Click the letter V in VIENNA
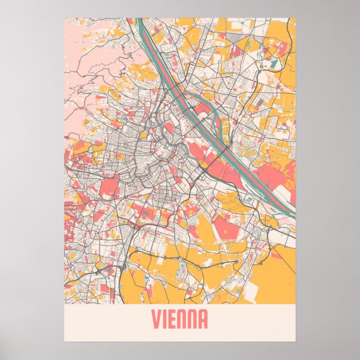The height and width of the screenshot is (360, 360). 157,320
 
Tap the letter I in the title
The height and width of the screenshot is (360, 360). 167,320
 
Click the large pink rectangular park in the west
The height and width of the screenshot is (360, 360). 108,187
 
